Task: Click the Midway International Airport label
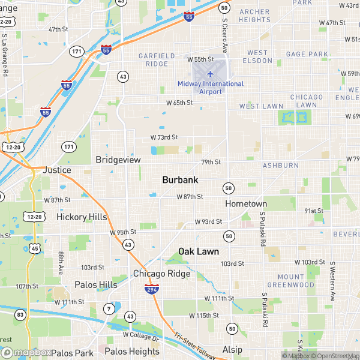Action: coord(211,88)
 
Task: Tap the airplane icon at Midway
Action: coord(210,74)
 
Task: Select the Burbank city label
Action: coord(180,179)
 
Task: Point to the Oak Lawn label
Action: coord(199,251)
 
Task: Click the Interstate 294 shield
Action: coord(152,289)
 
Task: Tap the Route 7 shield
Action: coord(109,309)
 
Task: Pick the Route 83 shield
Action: coord(20,314)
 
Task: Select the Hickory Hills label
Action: coord(82,217)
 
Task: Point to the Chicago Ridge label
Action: coord(161,274)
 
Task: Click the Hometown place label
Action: coord(246,204)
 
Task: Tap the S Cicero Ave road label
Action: coord(225,35)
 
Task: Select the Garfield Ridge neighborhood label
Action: coord(157,59)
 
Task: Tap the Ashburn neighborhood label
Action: coord(281,165)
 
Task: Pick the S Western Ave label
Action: coord(331,281)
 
